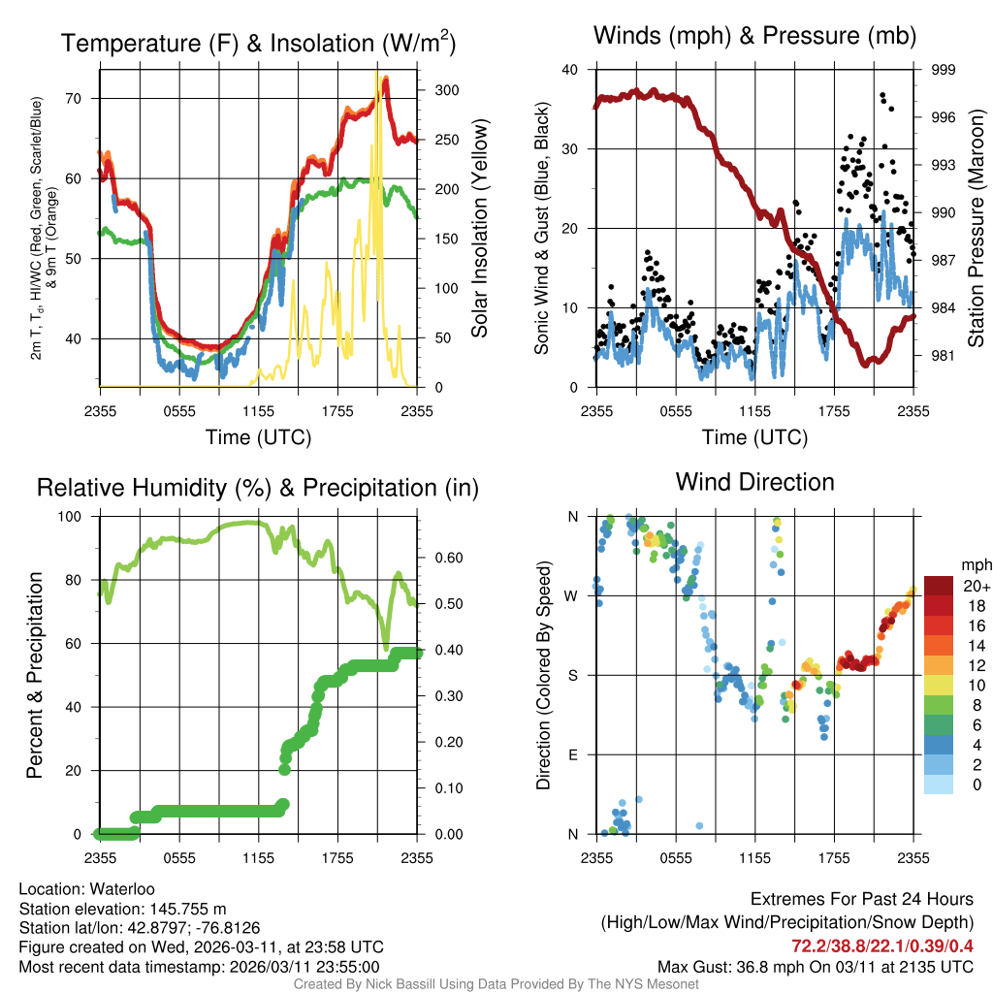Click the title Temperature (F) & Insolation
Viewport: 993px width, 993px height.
pyautogui.click(x=258, y=43)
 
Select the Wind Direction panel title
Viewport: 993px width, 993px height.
pyautogui.click(x=754, y=481)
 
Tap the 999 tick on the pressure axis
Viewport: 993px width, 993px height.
pyautogui.click(x=944, y=70)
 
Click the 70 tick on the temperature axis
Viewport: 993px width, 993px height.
pyautogui.click(x=84, y=98)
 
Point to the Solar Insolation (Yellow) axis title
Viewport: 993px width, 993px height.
pyautogui.click(x=479, y=229)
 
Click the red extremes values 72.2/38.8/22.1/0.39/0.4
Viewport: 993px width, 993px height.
pyautogui.click(x=882, y=945)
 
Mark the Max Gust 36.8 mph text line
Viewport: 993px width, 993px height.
pyautogui.click(x=815, y=966)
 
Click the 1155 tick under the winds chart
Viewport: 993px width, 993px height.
pyautogui.click(x=754, y=410)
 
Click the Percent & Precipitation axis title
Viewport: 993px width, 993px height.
pyautogui.click(x=35, y=675)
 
